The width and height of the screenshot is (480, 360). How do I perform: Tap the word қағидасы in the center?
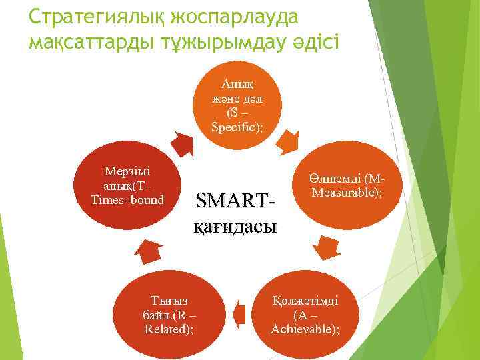click(x=235, y=226)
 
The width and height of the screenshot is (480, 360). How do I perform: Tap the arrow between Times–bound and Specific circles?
click(x=181, y=143)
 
